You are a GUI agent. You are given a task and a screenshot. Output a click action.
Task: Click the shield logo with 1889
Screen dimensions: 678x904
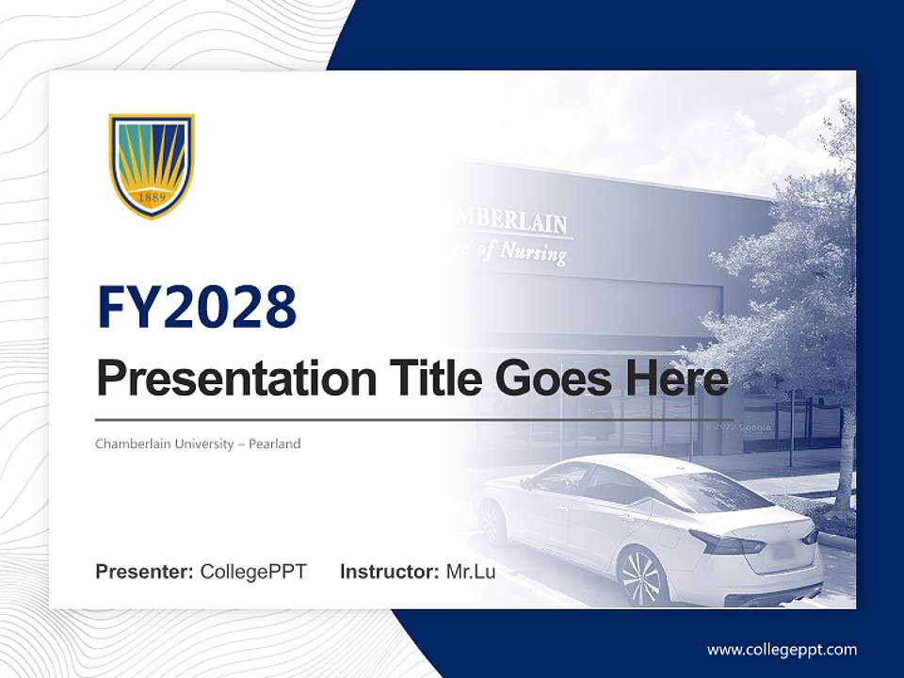click(x=151, y=165)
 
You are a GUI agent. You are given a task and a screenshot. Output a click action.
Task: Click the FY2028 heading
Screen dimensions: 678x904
click(x=197, y=307)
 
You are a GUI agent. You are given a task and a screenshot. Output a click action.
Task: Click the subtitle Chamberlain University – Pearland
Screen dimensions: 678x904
click(x=198, y=444)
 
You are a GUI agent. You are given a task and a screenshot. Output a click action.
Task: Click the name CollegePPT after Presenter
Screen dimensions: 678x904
click(x=253, y=572)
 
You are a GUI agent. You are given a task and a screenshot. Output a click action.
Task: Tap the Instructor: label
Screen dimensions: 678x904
click(x=389, y=572)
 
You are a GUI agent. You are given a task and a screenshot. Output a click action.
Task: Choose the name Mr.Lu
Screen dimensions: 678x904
click(x=470, y=572)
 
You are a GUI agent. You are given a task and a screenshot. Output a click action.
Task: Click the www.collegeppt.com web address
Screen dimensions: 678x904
click(x=782, y=650)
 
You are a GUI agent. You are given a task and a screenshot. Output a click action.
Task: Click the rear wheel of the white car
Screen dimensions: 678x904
click(x=642, y=575)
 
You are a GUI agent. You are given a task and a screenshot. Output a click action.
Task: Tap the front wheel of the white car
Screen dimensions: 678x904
click(x=491, y=524)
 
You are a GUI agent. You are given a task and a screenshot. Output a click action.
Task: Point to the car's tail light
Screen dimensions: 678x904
click(x=726, y=543)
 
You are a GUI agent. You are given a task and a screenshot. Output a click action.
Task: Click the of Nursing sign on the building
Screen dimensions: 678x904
click(x=523, y=251)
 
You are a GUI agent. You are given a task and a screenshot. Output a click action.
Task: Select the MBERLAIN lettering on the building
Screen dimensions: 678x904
click(x=513, y=220)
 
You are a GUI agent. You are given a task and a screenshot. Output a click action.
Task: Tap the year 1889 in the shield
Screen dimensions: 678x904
click(x=152, y=199)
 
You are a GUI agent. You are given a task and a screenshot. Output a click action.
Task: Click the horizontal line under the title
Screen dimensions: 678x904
click(x=414, y=419)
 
